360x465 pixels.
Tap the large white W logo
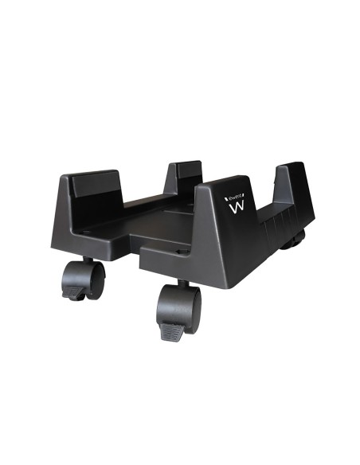click(x=237, y=210)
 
